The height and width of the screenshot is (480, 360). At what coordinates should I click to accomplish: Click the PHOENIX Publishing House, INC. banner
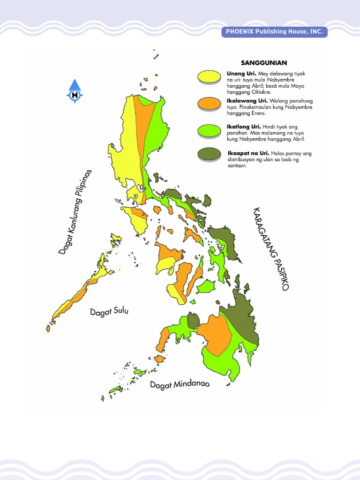coord(274,32)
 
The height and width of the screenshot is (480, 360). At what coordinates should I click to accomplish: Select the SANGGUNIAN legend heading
coord(264,62)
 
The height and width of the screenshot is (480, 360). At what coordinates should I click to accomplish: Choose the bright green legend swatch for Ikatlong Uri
coord(209,130)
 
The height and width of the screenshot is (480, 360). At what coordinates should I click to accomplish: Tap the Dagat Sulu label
coord(109,312)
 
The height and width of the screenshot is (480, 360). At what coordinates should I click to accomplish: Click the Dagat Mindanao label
coord(180,385)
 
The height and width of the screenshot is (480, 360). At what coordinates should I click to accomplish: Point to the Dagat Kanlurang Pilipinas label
coord(75,212)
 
